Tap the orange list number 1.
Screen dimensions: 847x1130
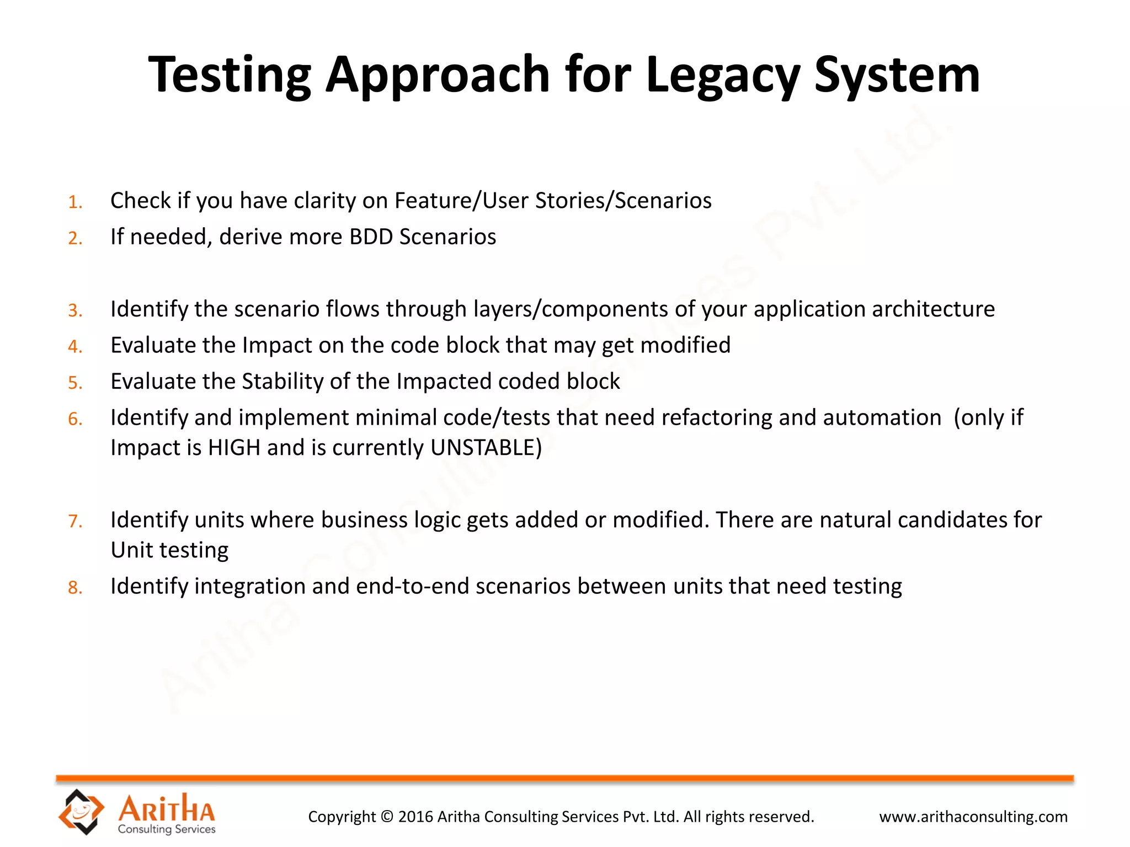[x=75, y=202]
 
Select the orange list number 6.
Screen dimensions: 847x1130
[x=75, y=420]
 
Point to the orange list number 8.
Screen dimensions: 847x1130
[x=75, y=588]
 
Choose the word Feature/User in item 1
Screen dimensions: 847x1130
[x=462, y=201]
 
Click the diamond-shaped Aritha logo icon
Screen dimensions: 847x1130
[x=81, y=811]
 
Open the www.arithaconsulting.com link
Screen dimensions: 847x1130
[x=973, y=817]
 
